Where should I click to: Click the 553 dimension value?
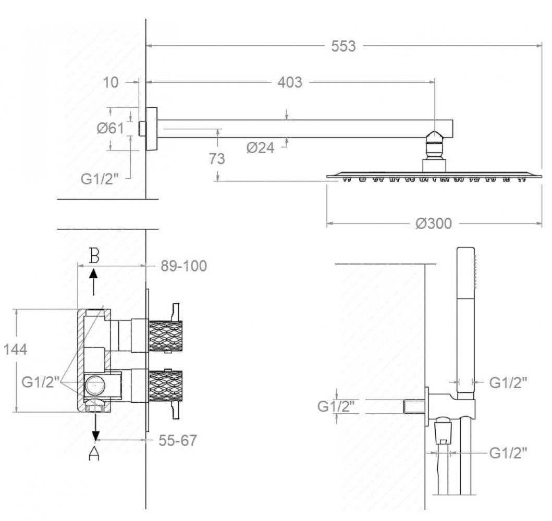(343, 46)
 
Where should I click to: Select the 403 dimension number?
(290, 82)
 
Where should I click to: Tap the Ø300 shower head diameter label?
(433, 224)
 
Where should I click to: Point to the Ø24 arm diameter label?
(260, 148)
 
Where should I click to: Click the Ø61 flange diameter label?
(111, 128)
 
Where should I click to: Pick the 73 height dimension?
(216, 159)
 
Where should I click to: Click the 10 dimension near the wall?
(111, 82)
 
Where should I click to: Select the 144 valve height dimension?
(15, 350)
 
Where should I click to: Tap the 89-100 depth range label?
(184, 266)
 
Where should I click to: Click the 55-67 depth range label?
(177, 440)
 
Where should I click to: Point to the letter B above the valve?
(94, 255)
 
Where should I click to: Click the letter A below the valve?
(94, 453)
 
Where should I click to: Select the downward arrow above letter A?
(95, 427)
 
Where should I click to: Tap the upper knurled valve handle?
(166, 337)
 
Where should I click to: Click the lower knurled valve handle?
(166, 386)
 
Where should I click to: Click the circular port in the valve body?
(95, 385)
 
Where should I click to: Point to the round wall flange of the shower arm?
(151, 129)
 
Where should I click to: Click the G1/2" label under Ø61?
(100, 179)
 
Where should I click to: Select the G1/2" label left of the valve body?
(41, 382)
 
